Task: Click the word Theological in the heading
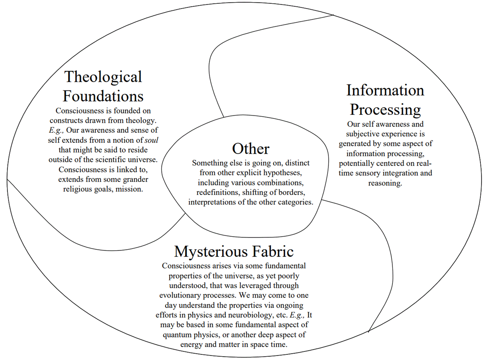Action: [103, 77]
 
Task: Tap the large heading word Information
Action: [385, 90]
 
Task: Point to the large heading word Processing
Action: [385, 110]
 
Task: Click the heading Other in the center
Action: [251, 149]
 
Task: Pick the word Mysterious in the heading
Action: [211, 252]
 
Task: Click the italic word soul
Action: [152, 140]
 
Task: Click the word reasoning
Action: [385, 183]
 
